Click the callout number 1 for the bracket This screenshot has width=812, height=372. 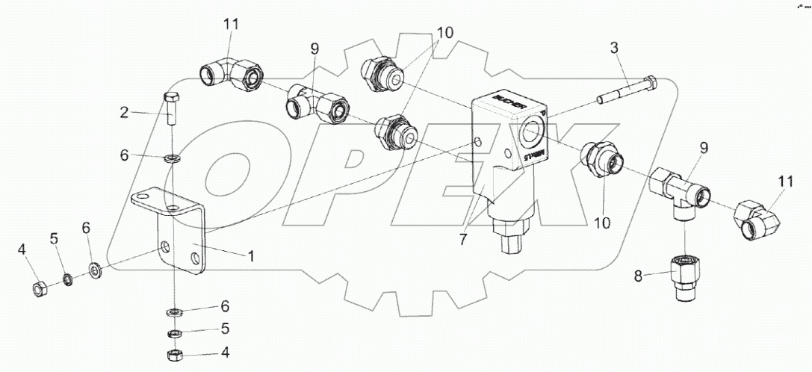(x=251, y=256)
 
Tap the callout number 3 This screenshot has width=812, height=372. (x=613, y=49)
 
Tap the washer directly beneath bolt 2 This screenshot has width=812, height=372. (x=173, y=158)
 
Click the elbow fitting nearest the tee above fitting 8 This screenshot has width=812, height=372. (x=756, y=219)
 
